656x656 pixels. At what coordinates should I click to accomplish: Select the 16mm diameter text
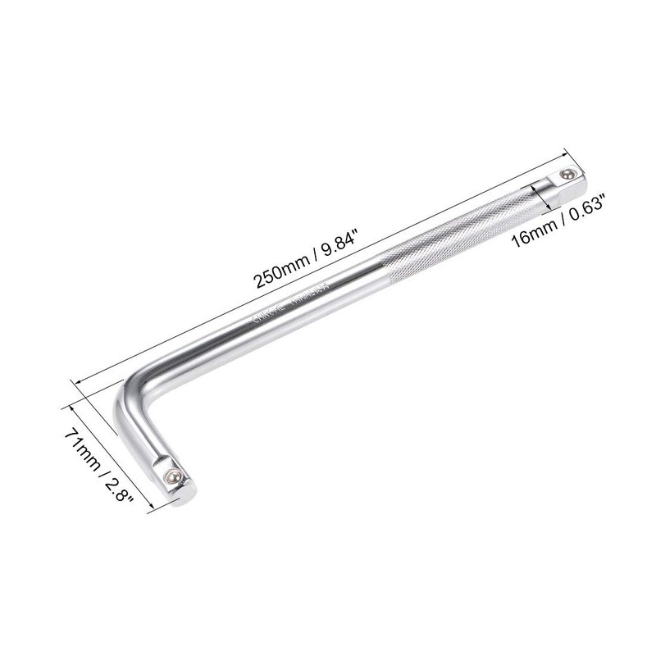pyautogui.click(x=532, y=235)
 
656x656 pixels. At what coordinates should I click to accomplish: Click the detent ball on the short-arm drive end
pyautogui.click(x=171, y=476)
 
